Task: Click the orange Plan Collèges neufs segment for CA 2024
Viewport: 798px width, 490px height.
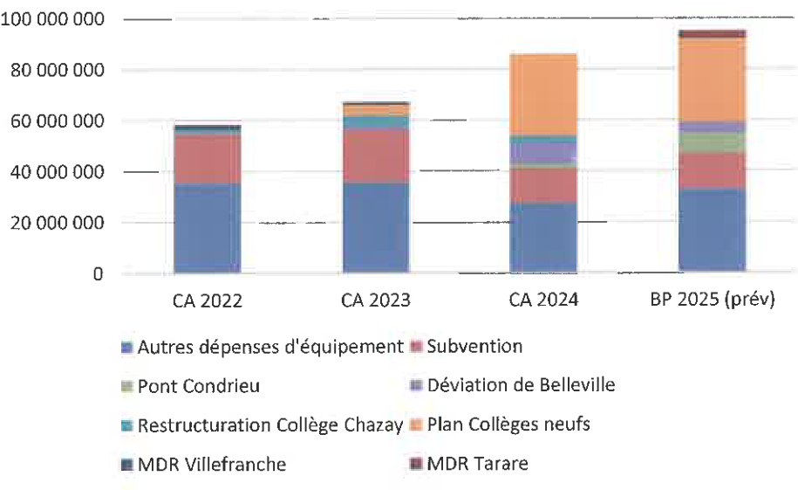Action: [543, 94]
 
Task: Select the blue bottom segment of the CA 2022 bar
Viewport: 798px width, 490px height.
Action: [208, 229]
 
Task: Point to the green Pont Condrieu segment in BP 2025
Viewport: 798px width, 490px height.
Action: [712, 142]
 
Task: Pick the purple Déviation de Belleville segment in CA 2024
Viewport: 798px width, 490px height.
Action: [543, 151]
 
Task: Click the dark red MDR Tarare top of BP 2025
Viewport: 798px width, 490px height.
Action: [712, 34]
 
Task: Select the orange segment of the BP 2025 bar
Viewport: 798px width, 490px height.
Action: [712, 79]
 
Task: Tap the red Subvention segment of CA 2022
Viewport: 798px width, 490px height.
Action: [208, 159]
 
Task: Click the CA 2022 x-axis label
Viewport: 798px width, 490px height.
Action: [208, 301]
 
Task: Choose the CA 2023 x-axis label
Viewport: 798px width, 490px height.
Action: [375, 301]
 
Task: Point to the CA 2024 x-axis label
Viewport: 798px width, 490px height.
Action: [543, 301]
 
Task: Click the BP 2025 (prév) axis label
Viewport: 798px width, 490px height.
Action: [712, 301]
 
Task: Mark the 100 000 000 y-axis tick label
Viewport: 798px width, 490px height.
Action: [54, 19]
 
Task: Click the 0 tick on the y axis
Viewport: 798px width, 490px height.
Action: [99, 274]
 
